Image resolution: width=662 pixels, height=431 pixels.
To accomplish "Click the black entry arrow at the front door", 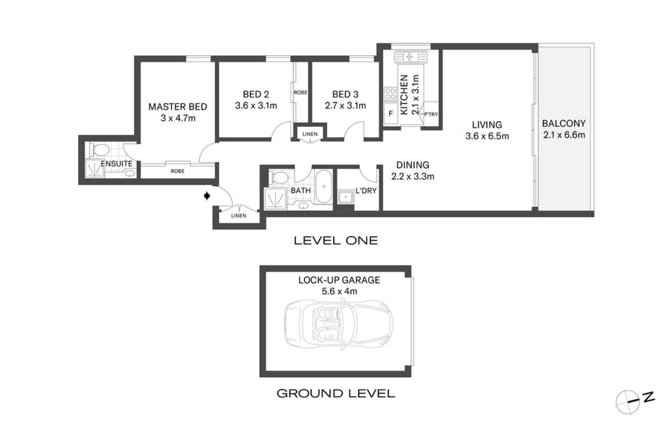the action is tap(207, 196).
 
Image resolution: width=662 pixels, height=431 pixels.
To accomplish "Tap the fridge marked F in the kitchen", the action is tap(390, 113).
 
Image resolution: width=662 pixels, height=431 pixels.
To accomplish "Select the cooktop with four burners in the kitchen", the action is tap(390, 94).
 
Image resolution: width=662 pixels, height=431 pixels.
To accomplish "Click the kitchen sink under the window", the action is tap(411, 57).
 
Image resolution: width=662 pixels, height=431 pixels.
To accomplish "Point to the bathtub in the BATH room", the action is tap(324, 186).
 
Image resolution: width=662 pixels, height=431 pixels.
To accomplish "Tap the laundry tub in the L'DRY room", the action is tap(346, 197).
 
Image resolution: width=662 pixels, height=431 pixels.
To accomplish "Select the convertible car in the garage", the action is tap(339, 324).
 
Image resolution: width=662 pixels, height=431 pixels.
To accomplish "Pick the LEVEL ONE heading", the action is tap(336, 240).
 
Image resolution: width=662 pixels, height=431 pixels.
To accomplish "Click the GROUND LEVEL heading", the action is tap(336, 393).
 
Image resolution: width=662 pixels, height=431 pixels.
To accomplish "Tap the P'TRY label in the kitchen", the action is tap(431, 114).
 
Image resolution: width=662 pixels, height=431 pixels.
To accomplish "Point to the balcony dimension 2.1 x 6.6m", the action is tap(564, 135).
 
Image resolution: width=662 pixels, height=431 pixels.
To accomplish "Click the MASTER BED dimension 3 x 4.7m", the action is tap(178, 118).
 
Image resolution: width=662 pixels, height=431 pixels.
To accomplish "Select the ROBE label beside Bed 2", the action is tap(301, 92).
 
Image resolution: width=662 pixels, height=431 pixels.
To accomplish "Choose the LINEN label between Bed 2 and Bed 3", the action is tap(310, 134).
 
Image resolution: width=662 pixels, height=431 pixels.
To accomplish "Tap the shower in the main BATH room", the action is tap(275, 199).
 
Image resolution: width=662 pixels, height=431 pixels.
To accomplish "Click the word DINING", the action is tap(413, 165).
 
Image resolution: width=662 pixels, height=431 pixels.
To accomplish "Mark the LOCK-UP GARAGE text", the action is tap(339, 280).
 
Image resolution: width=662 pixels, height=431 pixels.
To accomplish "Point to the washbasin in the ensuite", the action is tap(130, 173).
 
